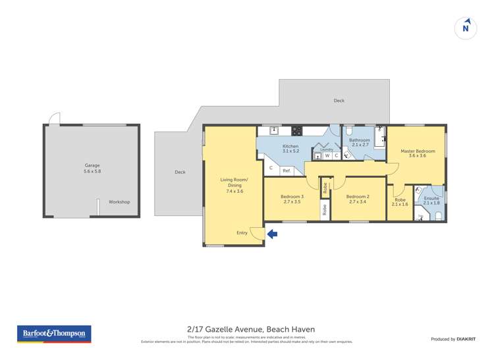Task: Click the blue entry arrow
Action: tap(272, 234)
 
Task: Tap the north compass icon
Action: tap(466, 28)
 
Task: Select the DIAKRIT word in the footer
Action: tap(466, 339)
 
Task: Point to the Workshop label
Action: tap(119, 202)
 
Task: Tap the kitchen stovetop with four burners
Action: tap(297, 130)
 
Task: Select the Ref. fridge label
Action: tap(287, 171)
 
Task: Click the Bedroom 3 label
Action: tap(292, 199)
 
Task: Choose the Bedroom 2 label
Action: tap(358, 199)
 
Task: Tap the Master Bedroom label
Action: tap(418, 153)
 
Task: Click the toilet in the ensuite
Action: tap(439, 214)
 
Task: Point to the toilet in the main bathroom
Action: tap(350, 130)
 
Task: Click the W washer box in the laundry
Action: tap(327, 156)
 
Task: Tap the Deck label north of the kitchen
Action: tap(339, 101)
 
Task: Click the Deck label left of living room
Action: tap(180, 172)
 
